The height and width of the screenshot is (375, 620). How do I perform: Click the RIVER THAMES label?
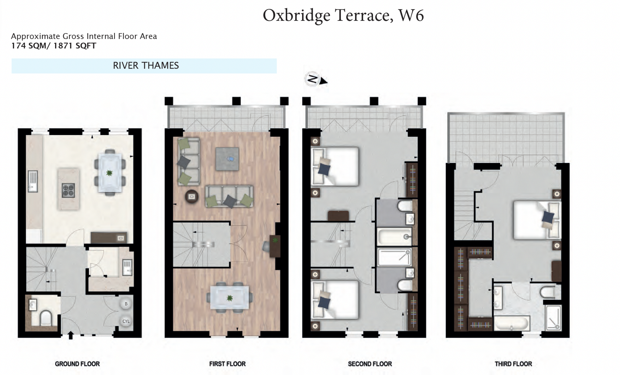coord(146,66)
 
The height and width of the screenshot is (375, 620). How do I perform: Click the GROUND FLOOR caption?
coord(77,364)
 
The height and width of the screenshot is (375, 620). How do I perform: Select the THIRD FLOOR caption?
coord(513,364)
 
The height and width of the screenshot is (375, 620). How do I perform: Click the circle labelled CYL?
coord(126,321)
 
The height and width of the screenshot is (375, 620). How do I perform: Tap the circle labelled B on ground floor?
coord(126,304)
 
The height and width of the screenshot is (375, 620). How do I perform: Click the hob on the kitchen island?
coord(68,191)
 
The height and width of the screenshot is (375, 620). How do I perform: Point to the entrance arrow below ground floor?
coord(71,335)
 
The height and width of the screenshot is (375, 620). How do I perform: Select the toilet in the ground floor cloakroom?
coord(46,318)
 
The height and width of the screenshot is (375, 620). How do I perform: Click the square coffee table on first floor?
coord(227,159)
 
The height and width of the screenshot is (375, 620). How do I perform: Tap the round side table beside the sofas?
coord(192,197)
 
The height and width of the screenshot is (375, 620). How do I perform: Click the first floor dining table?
coord(230,298)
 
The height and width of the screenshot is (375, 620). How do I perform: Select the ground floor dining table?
coord(110,173)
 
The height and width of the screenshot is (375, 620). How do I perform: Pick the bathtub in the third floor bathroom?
coord(512,324)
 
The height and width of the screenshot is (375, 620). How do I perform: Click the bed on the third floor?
coord(536,220)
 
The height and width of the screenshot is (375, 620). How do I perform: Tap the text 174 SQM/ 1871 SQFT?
coord(54,46)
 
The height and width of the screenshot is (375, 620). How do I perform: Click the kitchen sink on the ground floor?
coord(33,181)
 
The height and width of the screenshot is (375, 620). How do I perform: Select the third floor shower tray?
coord(553,318)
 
